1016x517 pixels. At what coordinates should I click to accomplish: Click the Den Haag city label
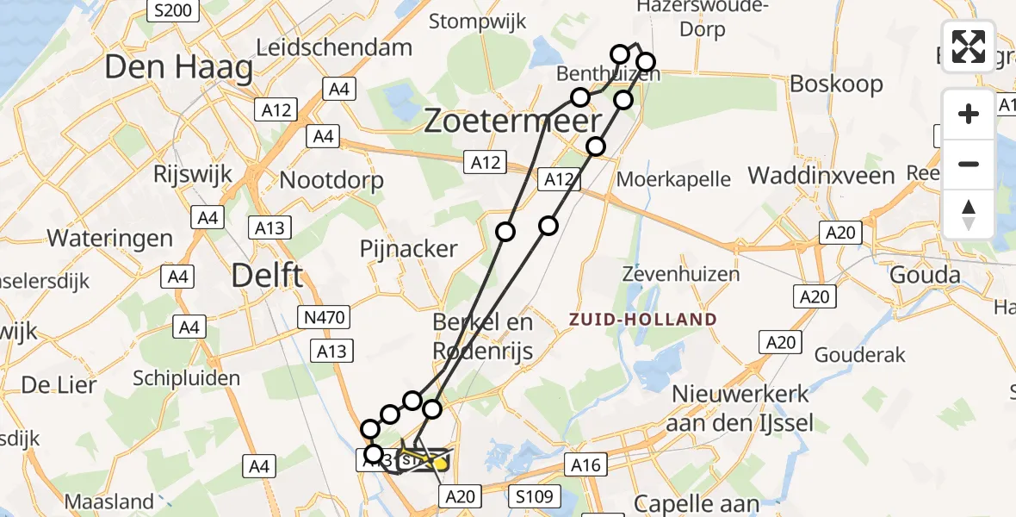tap(179, 68)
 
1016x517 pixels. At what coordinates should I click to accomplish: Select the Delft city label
tap(268, 276)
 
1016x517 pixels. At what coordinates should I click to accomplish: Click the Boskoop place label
tap(836, 84)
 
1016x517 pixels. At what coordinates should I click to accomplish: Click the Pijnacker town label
tap(408, 249)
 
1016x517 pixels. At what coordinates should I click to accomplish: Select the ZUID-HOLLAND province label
tap(642, 320)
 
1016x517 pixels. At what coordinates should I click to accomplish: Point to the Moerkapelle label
tap(675, 180)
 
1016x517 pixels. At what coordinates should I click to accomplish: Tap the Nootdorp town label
tap(332, 181)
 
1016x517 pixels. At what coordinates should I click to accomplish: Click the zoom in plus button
tap(969, 114)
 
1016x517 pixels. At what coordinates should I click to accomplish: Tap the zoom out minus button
tap(969, 164)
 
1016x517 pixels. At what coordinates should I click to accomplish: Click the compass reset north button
tap(969, 215)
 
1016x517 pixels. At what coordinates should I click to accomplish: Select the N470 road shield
tap(325, 318)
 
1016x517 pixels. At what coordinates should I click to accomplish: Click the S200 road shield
tap(172, 10)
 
